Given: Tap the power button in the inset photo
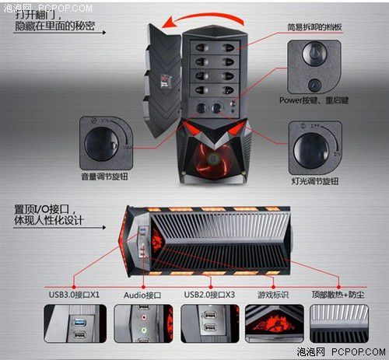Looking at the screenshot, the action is click(x=314, y=54).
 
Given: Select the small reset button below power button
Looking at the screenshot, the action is click(x=314, y=85).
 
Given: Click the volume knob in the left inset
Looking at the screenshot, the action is click(x=101, y=144).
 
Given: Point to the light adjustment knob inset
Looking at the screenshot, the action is click(x=315, y=148).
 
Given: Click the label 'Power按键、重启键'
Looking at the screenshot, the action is click(x=314, y=100).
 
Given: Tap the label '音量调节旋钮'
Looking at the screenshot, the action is click(x=104, y=177).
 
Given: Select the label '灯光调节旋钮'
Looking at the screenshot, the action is click(x=315, y=181).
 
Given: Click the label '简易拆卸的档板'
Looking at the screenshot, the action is click(x=314, y=27).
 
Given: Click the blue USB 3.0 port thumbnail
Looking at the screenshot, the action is click(x=80, y=323).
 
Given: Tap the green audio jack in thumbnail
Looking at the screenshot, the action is click(x=144, y=330).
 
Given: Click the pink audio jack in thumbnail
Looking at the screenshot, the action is click(x=143, y=316).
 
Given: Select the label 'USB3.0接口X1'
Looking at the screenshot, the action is click(x=74, y=295).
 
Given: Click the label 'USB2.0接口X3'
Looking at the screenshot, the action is click(x=209, y=295).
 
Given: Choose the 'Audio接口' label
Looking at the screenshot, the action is click(x=142, y=295).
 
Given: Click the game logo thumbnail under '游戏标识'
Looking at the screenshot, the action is click(x=275, y=323).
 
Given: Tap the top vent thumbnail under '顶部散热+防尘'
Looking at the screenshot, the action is click(x=339, y=323).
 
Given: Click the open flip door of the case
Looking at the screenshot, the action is click(x=162, y=80).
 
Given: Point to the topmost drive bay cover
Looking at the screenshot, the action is click(x=215, y=47).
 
